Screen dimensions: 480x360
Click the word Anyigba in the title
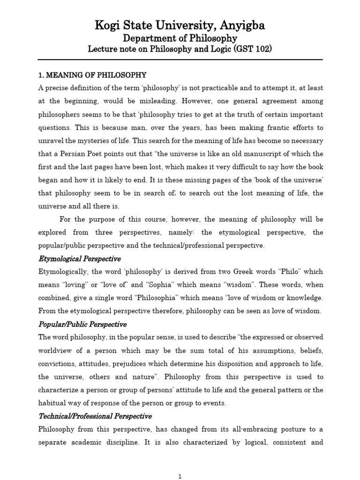[x=234, y=25]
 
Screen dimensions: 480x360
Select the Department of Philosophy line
[x=180, y=38]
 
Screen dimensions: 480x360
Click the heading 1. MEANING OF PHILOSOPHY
[x=92, y=75]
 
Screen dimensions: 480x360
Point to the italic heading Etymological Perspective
[x=79, y=259]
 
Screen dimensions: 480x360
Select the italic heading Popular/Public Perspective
[x=82, y=324]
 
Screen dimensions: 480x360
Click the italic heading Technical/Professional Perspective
[x=95, y=416]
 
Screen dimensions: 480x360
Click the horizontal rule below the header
[x=180, y=60]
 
